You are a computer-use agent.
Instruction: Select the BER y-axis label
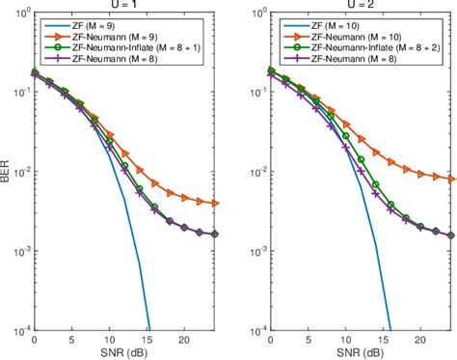click(8, 174)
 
